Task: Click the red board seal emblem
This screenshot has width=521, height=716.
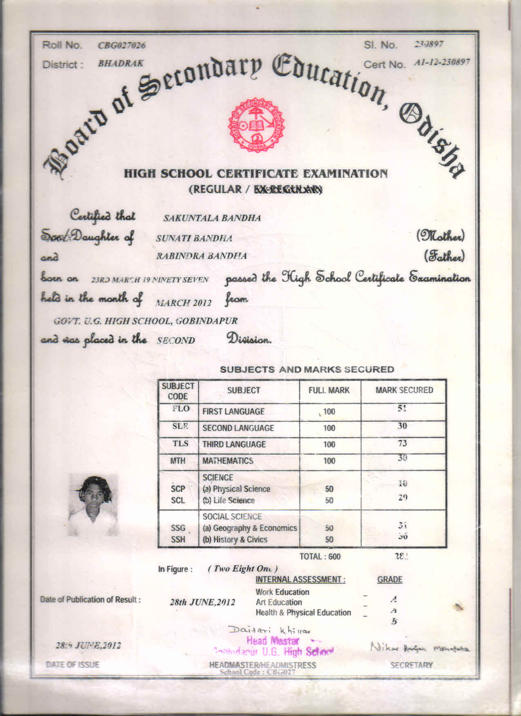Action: [256, 125]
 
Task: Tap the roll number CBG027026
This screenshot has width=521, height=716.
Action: [121, 45]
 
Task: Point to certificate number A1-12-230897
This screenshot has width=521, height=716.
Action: [441, 62]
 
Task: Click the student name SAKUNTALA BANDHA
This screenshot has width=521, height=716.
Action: [212, 218]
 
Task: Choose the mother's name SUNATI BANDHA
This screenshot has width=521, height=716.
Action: [194, 238]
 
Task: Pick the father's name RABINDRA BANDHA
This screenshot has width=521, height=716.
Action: [201, 256]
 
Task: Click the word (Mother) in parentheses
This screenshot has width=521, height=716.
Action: [440, 236]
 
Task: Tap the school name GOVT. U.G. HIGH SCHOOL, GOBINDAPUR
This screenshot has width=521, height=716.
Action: [145, 321]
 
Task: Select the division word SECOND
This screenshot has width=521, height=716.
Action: [176, 340]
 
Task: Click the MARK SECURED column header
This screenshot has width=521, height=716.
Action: [404, 390]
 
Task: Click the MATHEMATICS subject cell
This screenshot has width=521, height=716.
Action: [228, 461]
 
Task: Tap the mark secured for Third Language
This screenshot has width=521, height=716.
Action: [402, 444]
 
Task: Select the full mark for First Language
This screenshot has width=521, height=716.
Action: [329, 411]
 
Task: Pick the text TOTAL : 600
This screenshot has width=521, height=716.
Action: [320, 556]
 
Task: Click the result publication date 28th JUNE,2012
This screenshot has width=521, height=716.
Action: [202, 602]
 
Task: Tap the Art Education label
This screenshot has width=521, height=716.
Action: [279, 602]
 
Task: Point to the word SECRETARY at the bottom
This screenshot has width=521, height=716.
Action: [411, 665]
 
